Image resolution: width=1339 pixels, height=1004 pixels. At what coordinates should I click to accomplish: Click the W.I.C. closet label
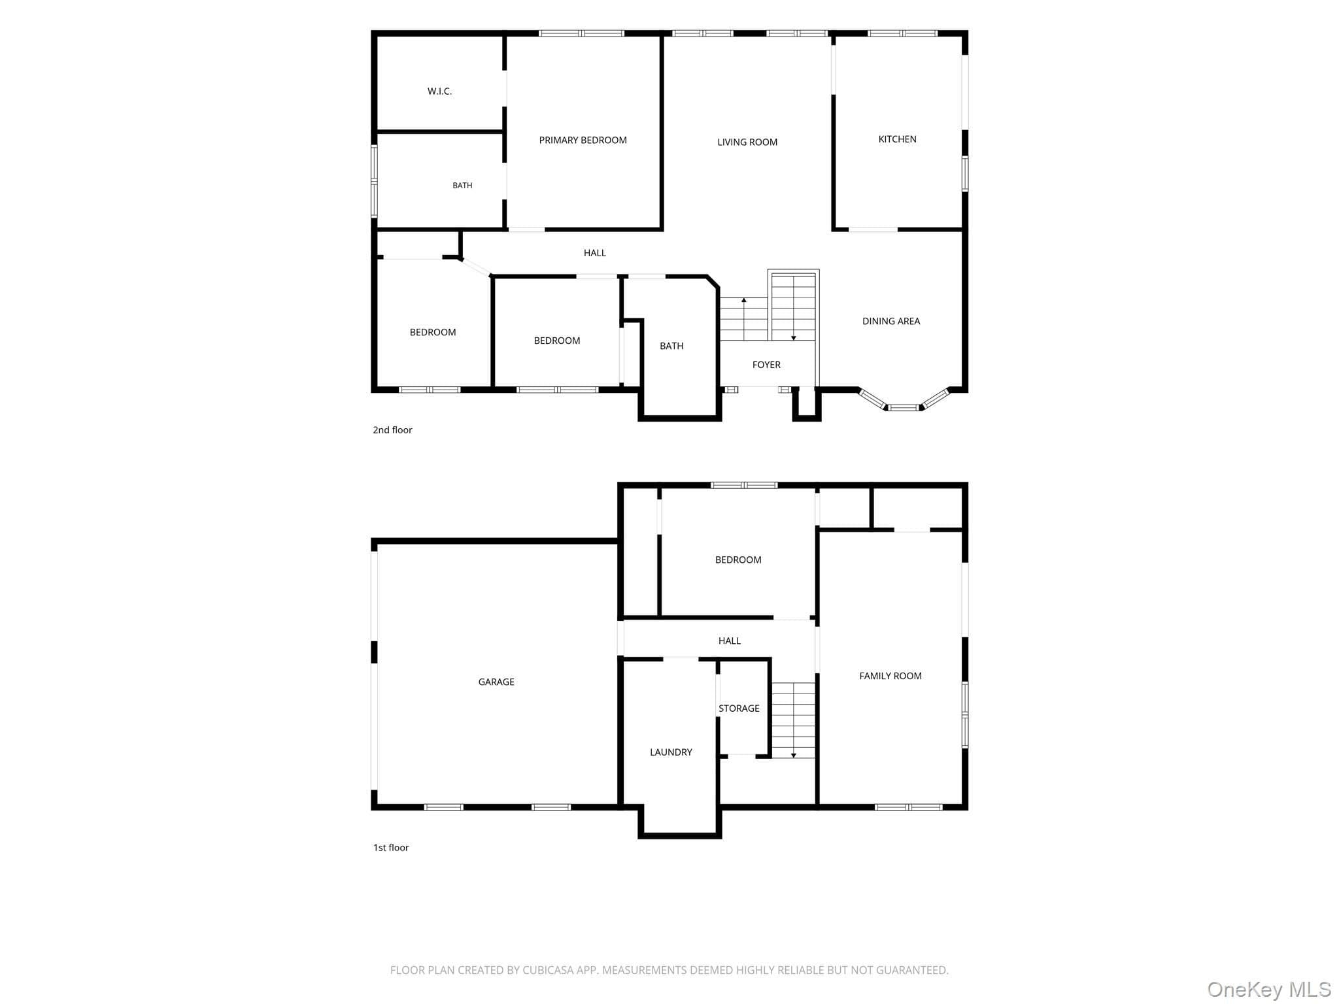[439, 92]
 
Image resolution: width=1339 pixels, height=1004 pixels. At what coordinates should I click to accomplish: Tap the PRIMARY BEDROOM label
[583, 140]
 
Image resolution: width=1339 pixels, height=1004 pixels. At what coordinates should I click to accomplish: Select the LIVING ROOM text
[747, 142]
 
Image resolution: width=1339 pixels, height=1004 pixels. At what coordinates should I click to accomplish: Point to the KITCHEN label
[897, 139]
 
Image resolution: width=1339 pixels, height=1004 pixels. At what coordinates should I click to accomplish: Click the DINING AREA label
[890, 321]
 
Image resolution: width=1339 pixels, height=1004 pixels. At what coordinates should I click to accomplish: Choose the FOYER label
[766, 365]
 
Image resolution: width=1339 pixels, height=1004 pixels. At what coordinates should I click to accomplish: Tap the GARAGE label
[496, 682]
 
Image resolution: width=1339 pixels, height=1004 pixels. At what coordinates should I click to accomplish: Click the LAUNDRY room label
[671, 752]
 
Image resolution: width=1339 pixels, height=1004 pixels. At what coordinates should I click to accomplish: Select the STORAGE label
[739, 709]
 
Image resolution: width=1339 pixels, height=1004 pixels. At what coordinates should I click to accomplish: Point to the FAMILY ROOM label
[890, 676]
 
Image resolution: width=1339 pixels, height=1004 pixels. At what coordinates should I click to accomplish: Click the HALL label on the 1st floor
[730, 641]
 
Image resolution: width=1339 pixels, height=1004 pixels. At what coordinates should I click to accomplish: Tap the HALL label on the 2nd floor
[595, 253]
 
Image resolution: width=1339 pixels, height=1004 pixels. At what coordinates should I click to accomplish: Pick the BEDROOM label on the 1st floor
[738, 560]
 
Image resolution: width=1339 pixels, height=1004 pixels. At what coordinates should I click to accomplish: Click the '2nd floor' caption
[392, 430]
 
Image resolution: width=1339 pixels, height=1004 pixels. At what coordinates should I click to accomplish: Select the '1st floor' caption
[391, 848]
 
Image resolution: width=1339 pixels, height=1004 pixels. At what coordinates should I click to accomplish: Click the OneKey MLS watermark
[1269, 989]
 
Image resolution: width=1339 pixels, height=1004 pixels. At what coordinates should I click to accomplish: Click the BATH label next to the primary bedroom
[462, 186]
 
